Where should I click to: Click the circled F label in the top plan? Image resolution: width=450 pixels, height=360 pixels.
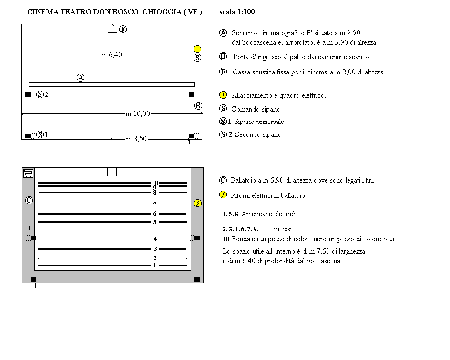point(123,30)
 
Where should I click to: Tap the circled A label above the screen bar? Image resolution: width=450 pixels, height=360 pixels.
point(81,78)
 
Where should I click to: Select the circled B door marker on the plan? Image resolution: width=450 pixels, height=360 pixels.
point(198,106)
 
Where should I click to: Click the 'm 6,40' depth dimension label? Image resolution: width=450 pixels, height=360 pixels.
point(112,55)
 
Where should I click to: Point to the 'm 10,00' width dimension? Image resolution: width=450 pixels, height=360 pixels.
point(138,113)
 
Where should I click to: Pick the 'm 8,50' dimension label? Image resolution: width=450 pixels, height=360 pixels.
point(136,139)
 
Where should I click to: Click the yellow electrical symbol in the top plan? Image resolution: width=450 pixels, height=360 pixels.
point(198,49)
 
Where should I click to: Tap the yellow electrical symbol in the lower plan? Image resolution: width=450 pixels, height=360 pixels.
point(198,204)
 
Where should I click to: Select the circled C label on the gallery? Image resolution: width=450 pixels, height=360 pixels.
point(29,201)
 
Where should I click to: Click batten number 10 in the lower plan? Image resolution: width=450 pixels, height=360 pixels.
point(154,183)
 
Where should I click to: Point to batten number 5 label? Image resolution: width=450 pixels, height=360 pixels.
point(154,222)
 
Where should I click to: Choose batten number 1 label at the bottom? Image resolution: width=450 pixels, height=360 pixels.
point(154,265)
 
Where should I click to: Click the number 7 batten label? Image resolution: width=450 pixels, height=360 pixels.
point(154,204)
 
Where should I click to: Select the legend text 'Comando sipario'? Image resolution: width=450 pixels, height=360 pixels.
point(256,109)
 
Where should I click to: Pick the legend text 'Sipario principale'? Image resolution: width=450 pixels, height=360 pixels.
point(259,122)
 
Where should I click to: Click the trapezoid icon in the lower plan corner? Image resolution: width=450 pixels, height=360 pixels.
point(29,173)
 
